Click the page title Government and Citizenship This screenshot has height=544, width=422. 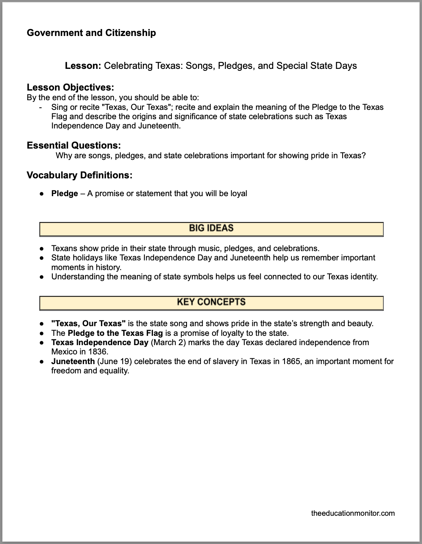tap(91, 33)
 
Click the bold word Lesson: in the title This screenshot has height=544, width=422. tap(83, 66)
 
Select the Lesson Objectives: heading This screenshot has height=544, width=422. tap(70, 87)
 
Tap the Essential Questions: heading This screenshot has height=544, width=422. tap(74, 145)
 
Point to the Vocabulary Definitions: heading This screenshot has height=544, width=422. tap(79, 175)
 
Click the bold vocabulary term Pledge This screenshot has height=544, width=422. tap(65, 193)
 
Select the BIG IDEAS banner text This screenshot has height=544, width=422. tap(211, 228)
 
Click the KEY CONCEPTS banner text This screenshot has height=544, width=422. tap(211, 302)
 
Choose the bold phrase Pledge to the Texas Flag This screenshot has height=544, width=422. tap(115, 333)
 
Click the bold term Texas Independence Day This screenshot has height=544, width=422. tap(99, 342)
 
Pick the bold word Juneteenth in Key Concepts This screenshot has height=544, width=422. tap(73, 361)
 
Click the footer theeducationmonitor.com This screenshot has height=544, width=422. tap(353, 513)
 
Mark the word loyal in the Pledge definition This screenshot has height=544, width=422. tap(238, 193)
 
